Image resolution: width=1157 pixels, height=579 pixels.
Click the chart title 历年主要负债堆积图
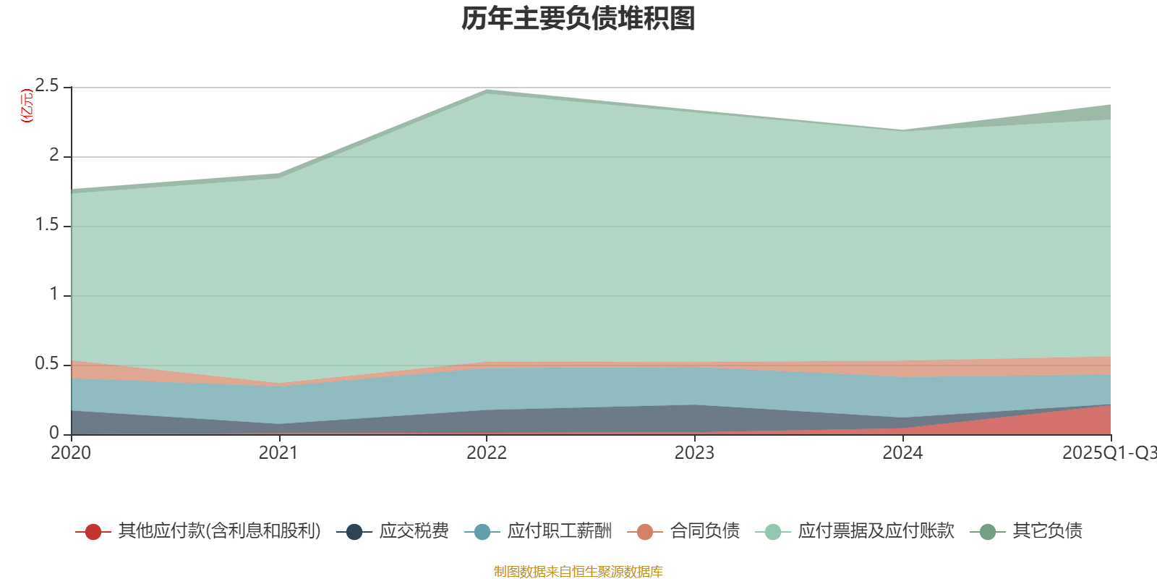tap(578, 19)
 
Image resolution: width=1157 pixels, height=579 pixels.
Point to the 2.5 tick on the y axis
tap(47, 86)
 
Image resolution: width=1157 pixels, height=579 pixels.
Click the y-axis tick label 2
tap(54, 155)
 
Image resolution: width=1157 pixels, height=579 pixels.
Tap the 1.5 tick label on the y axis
tap(47, 224)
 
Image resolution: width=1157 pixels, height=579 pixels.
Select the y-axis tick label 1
tap(54, 294)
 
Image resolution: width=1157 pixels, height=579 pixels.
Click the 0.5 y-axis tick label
tap(47, 363)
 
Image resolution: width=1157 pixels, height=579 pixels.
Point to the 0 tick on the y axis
tap(54, 433)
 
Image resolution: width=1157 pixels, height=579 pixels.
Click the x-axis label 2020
tap(71, 453)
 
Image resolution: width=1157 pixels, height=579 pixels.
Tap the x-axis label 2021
tap(278, 453)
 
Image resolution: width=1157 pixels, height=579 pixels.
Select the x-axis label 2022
tap(487, 453)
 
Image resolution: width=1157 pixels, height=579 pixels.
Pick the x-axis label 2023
tap(694, 453)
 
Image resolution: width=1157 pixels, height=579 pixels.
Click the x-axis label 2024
tap(902, 453)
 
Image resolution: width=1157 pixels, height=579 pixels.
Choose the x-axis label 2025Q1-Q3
tap(1109, 453)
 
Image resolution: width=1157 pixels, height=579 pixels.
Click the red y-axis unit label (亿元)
tap(27, 106)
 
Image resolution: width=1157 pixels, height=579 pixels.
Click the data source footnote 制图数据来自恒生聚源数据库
tap(578, 572)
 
